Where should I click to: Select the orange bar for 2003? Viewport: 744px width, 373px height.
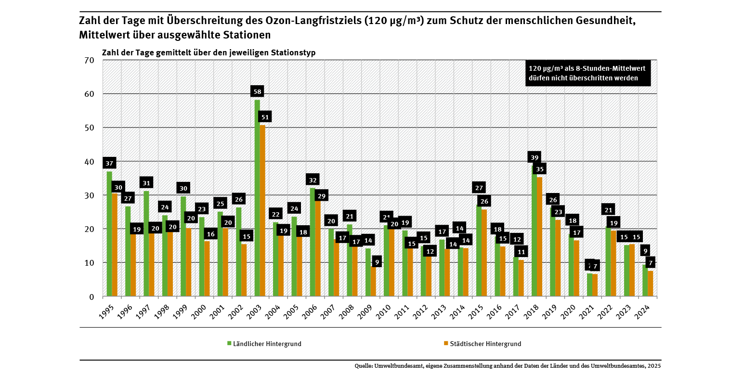click(x=262, y=212)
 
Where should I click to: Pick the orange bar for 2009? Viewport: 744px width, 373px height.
click(x=373, y=282)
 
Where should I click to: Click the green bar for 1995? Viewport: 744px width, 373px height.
click(x=109, y=236)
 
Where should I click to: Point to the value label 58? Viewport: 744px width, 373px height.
click(x=257, y=91)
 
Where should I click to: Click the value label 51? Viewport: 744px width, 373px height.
click(x=265, y=116)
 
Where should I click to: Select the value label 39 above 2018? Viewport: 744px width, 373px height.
click(x=534, y=157)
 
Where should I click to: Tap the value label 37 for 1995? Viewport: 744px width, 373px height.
click(x=109, y=163)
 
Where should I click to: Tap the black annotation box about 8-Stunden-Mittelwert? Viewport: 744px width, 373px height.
click(x=587, y=73)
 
